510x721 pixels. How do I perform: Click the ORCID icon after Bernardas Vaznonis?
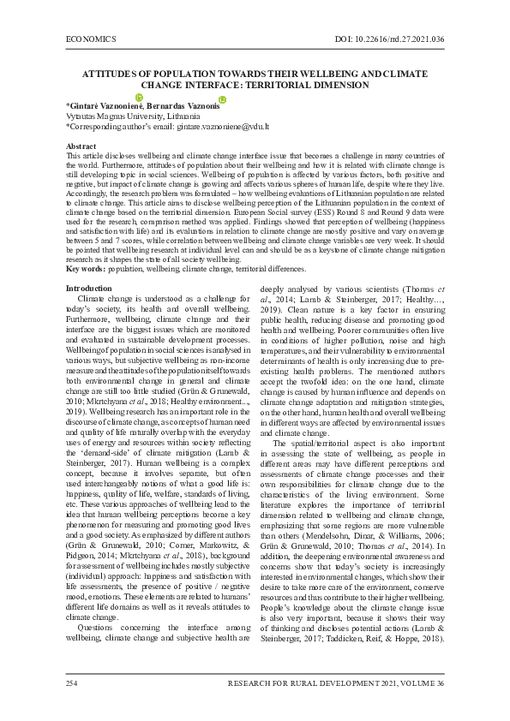click(222, 99)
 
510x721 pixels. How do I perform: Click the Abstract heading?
click(81, 146)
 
